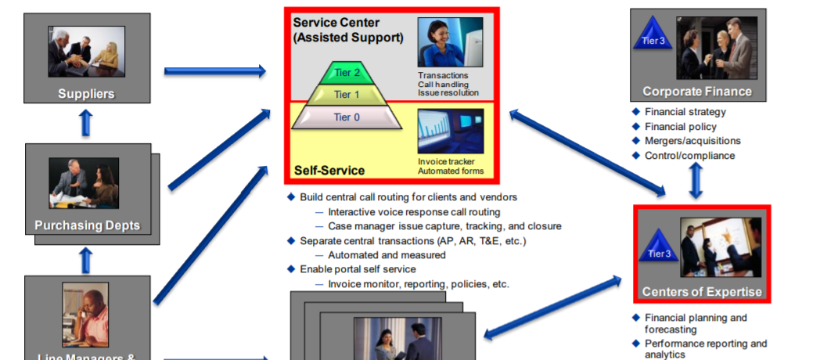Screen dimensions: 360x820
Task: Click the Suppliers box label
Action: pos(86,94)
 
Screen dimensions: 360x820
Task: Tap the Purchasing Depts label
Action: pos(87,226)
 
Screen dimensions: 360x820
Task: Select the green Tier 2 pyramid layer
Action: pos(347,74)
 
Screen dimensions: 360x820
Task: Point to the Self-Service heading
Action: pos(329,170)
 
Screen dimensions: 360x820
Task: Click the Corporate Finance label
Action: pos(697,92)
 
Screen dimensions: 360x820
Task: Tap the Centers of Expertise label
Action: pos(702,292)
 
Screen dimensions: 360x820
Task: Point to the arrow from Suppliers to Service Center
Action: pos(215,71)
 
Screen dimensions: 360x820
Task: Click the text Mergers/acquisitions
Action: pos(692,141)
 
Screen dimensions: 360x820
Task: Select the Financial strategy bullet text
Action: pos(685,112)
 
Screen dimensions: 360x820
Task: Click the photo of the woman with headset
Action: pos(450,43)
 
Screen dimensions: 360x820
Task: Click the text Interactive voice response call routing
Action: pos(414,212)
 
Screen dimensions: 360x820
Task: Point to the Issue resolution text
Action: pos(448,92)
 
